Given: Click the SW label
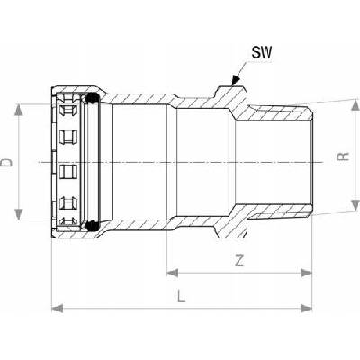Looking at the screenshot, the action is coord(262,53).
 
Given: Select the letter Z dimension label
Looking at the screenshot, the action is coord(239,260).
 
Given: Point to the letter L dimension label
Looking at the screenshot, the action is coord(181,295).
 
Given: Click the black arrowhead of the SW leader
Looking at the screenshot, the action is coord(236,80).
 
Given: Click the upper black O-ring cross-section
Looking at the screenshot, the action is coord(93,98).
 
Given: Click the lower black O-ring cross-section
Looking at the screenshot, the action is coord(93,226).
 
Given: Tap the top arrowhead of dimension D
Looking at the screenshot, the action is coord(19,110).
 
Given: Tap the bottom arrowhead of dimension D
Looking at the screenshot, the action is coord(19,214).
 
